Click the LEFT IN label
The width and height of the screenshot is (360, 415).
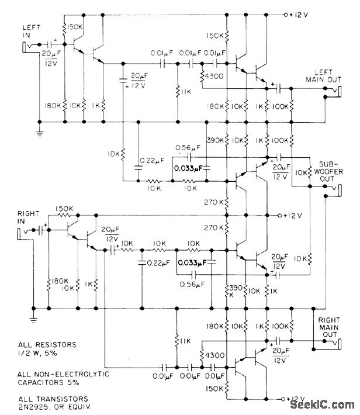point(30,29)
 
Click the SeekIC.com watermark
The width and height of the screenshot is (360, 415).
point(324,406)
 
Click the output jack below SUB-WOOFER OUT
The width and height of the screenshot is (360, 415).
point(337,188)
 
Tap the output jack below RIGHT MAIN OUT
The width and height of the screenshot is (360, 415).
point(338,341)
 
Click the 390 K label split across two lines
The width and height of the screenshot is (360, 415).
point(229,291)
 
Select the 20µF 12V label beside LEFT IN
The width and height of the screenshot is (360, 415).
point(52,57)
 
